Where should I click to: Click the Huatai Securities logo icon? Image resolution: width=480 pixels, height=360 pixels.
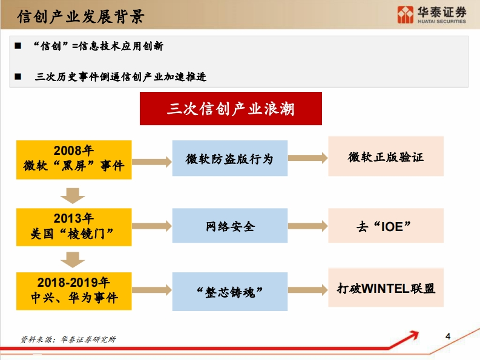tap(406, 15)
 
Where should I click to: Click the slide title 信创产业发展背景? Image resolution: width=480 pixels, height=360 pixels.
tap(81, 16)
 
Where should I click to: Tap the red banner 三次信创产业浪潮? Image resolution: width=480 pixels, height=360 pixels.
tap(231, 109)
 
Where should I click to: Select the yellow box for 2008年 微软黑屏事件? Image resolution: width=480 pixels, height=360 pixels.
tap(74, 160)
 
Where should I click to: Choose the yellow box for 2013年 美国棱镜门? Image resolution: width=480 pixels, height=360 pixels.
tap(74, 227)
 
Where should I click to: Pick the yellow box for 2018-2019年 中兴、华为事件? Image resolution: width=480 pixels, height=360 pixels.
tap(74, 291)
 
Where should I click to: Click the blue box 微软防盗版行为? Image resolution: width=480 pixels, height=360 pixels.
tap(230, 159)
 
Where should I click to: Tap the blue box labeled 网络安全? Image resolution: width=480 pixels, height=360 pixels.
tap(230, 226)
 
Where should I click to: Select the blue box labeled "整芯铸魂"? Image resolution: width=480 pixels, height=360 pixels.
tap(230, 292)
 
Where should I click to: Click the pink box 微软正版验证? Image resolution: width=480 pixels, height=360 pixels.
tap(386, 156)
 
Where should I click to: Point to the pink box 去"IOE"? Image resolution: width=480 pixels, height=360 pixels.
tap(386, 226)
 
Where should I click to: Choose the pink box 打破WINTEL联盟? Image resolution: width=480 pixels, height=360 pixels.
tap(386, 287)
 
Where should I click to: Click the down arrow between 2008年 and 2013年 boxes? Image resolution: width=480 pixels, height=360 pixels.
tap(73, 196)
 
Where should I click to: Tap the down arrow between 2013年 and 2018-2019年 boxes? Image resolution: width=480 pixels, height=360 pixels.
tap(73, 260)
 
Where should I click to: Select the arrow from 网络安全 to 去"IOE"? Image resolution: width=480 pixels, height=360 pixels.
tap(308, 226)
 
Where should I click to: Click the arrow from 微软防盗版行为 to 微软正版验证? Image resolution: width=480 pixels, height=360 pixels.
tap(308, 158)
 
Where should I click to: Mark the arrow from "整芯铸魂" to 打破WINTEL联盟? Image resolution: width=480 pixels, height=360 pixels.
tap(308, 290)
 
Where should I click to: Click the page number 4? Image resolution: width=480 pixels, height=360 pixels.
tap(448, 336)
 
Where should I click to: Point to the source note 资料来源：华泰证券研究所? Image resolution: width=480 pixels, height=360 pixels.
tap(68, 339)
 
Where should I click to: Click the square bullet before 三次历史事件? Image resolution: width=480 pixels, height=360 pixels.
tap(18, 76)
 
